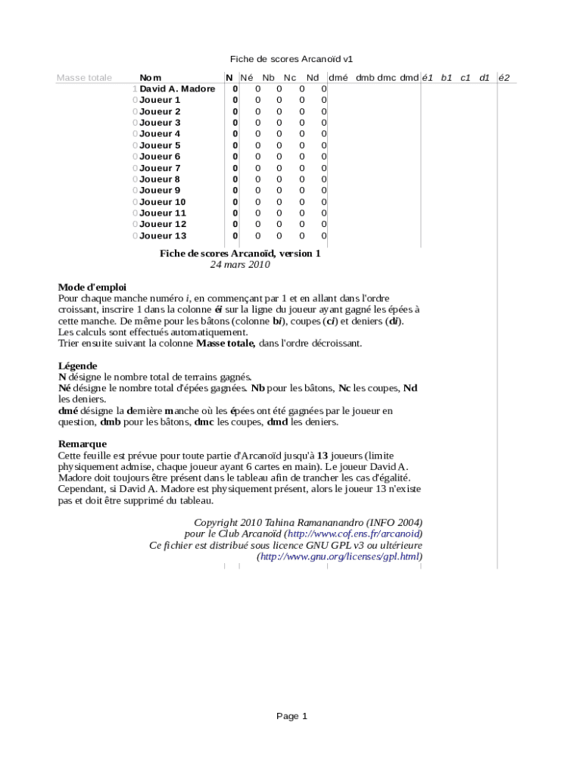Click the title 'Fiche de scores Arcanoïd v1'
291,58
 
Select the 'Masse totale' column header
84,77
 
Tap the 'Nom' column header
150,77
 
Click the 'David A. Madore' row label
177,89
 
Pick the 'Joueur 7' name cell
160,168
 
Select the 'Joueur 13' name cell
163,236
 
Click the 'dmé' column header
338,77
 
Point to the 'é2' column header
504,77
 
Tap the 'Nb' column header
269,77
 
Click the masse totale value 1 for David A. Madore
135,89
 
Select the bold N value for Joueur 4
235,134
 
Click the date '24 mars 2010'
239,265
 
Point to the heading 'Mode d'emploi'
92,287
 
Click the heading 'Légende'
77,366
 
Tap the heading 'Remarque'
83,444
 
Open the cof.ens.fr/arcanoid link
353,534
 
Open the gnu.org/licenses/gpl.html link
340,556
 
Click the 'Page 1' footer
291,716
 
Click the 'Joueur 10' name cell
162,202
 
